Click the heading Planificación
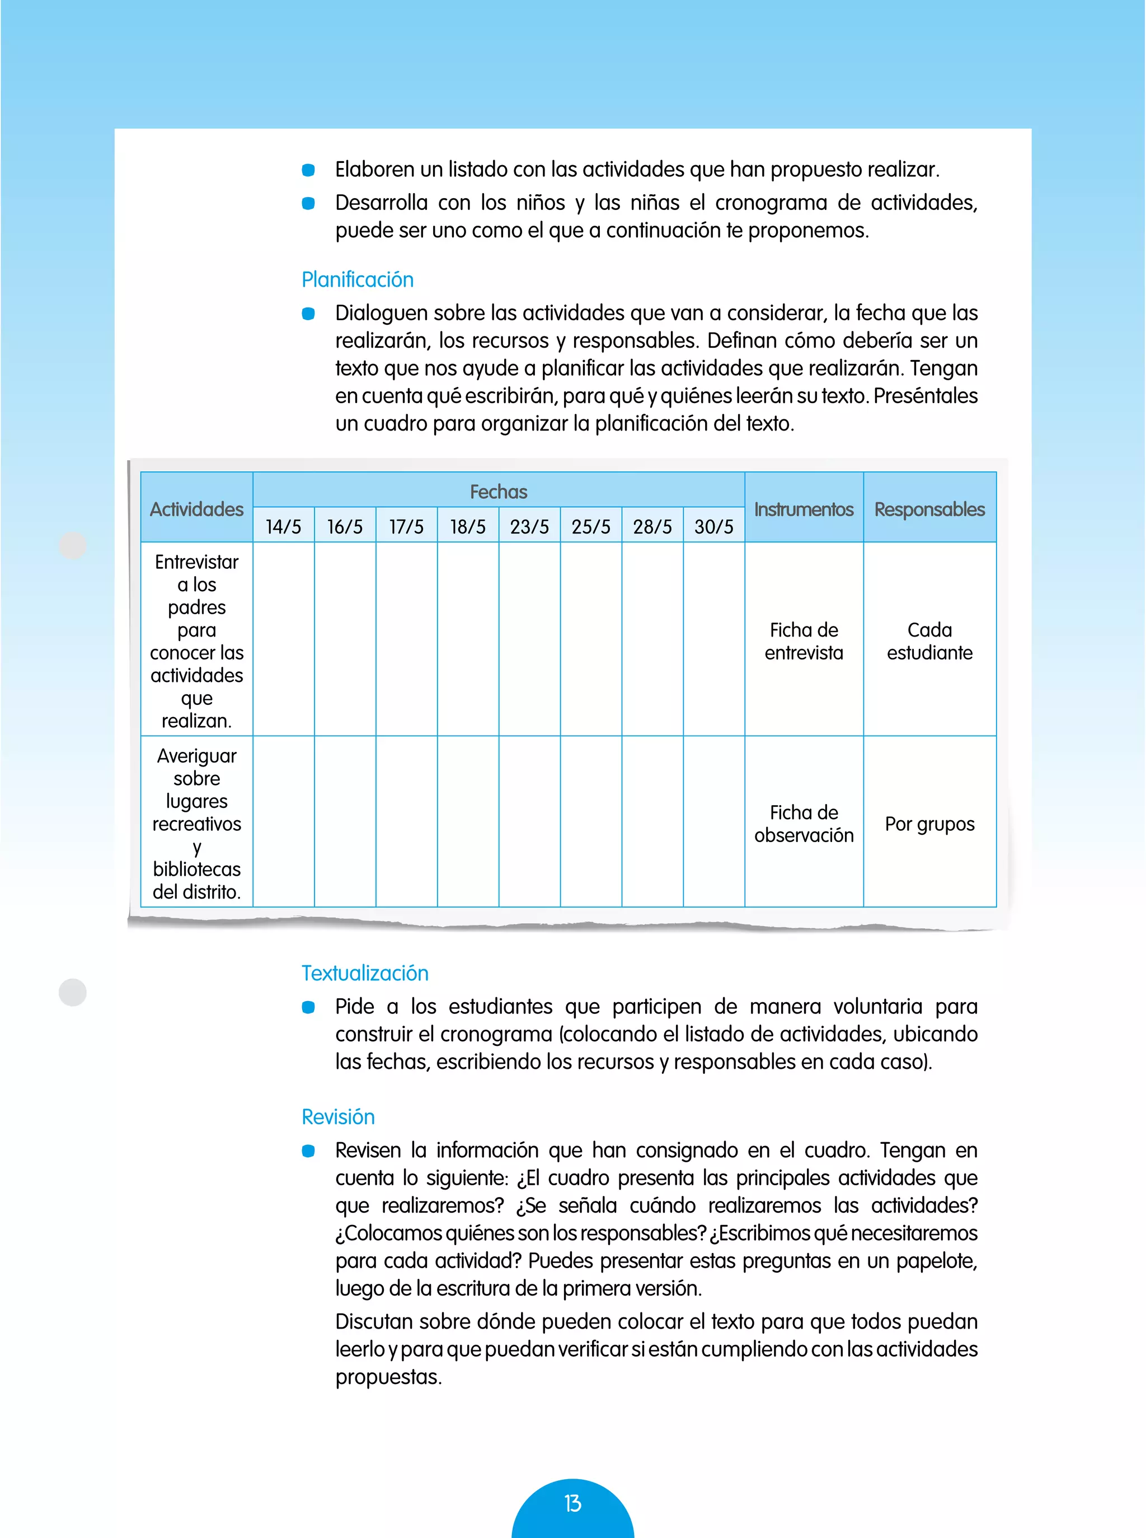(357, 280)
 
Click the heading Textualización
(365, 973)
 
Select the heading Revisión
(338, 1117)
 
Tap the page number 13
(572, 1503)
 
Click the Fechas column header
(498, 492)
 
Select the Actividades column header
(196, 509)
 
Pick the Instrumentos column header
(804, 509)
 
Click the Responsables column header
(929, 509)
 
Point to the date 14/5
(283, 527)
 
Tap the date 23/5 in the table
(529, 527)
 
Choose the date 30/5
(714, 527)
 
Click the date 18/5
(468, 527)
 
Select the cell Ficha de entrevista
(804, 641)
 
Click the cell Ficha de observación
(804, 823)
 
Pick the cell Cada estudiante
(929, 641)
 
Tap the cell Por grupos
(929, 824)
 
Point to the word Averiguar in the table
(196, 755)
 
